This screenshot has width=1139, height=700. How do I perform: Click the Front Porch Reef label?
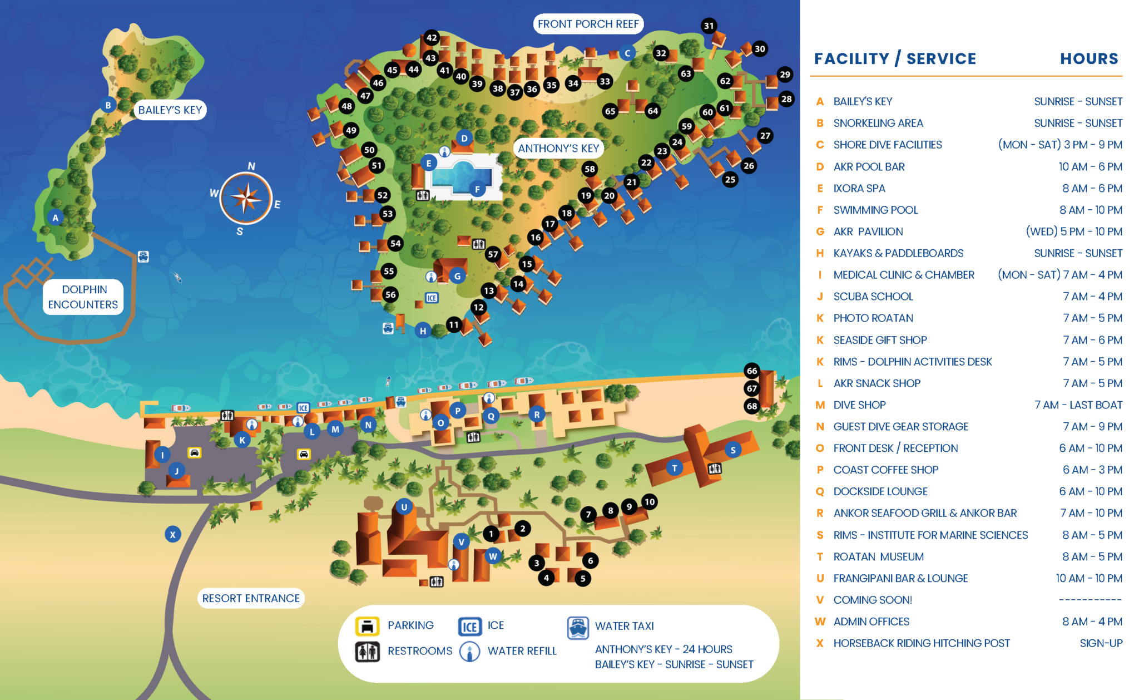588,24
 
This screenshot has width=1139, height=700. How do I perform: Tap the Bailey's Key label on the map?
170,110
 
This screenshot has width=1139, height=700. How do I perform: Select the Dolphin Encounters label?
83,297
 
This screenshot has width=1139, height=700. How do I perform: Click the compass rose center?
245,198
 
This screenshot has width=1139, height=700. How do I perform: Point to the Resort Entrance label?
251,598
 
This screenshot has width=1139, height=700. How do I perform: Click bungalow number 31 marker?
709,26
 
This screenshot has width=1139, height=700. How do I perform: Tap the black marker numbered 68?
752,406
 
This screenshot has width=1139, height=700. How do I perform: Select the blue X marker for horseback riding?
173,535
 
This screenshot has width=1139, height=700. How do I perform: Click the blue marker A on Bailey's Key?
55,218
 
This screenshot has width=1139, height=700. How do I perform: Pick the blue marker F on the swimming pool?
477,189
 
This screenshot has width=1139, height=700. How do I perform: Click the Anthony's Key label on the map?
558,148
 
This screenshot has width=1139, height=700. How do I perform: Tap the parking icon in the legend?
367,626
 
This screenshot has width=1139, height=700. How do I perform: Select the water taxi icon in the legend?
578,627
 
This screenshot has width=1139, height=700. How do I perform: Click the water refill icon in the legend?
470,651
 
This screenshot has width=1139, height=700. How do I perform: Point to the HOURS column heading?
1088,58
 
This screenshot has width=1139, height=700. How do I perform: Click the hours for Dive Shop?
1078,405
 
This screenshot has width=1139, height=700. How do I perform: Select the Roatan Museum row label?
878,556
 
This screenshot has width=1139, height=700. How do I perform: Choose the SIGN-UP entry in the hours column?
1101,643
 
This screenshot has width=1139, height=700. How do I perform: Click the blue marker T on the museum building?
675,468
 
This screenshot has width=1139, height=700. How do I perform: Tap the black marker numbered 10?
650,502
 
